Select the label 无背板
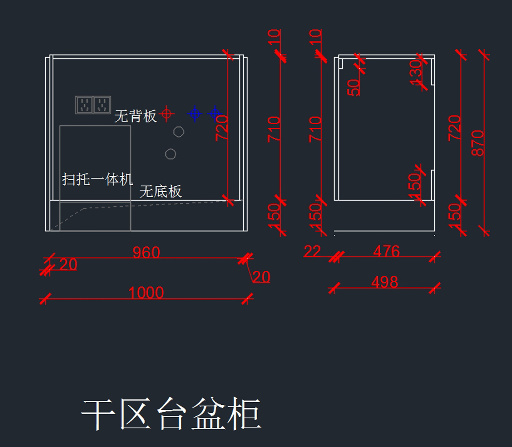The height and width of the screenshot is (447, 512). pos(135,116)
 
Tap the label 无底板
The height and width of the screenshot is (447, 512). pos(160,191)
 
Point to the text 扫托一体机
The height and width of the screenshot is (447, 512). pos(97,179)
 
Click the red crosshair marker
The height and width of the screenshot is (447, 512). pos(167,114)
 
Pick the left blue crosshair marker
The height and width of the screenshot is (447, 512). pos(195,114)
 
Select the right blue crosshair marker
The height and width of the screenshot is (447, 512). pos(215,114)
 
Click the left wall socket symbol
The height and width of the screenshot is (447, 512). pos(84,105)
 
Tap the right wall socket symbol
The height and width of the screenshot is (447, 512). pos(102,105)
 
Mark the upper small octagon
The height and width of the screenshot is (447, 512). pos(179,132)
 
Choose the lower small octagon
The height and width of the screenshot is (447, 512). pos(171,154)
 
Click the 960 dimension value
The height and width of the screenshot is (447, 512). pos(146,252)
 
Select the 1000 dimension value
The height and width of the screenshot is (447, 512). pos(146,292)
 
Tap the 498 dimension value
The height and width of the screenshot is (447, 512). pos(384,282)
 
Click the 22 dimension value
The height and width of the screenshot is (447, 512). pos(312,251)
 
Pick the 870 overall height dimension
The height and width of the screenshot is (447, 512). pos(478,143)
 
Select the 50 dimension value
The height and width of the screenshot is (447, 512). pos(354,87)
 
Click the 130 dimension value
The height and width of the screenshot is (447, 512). pos(415,70)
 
